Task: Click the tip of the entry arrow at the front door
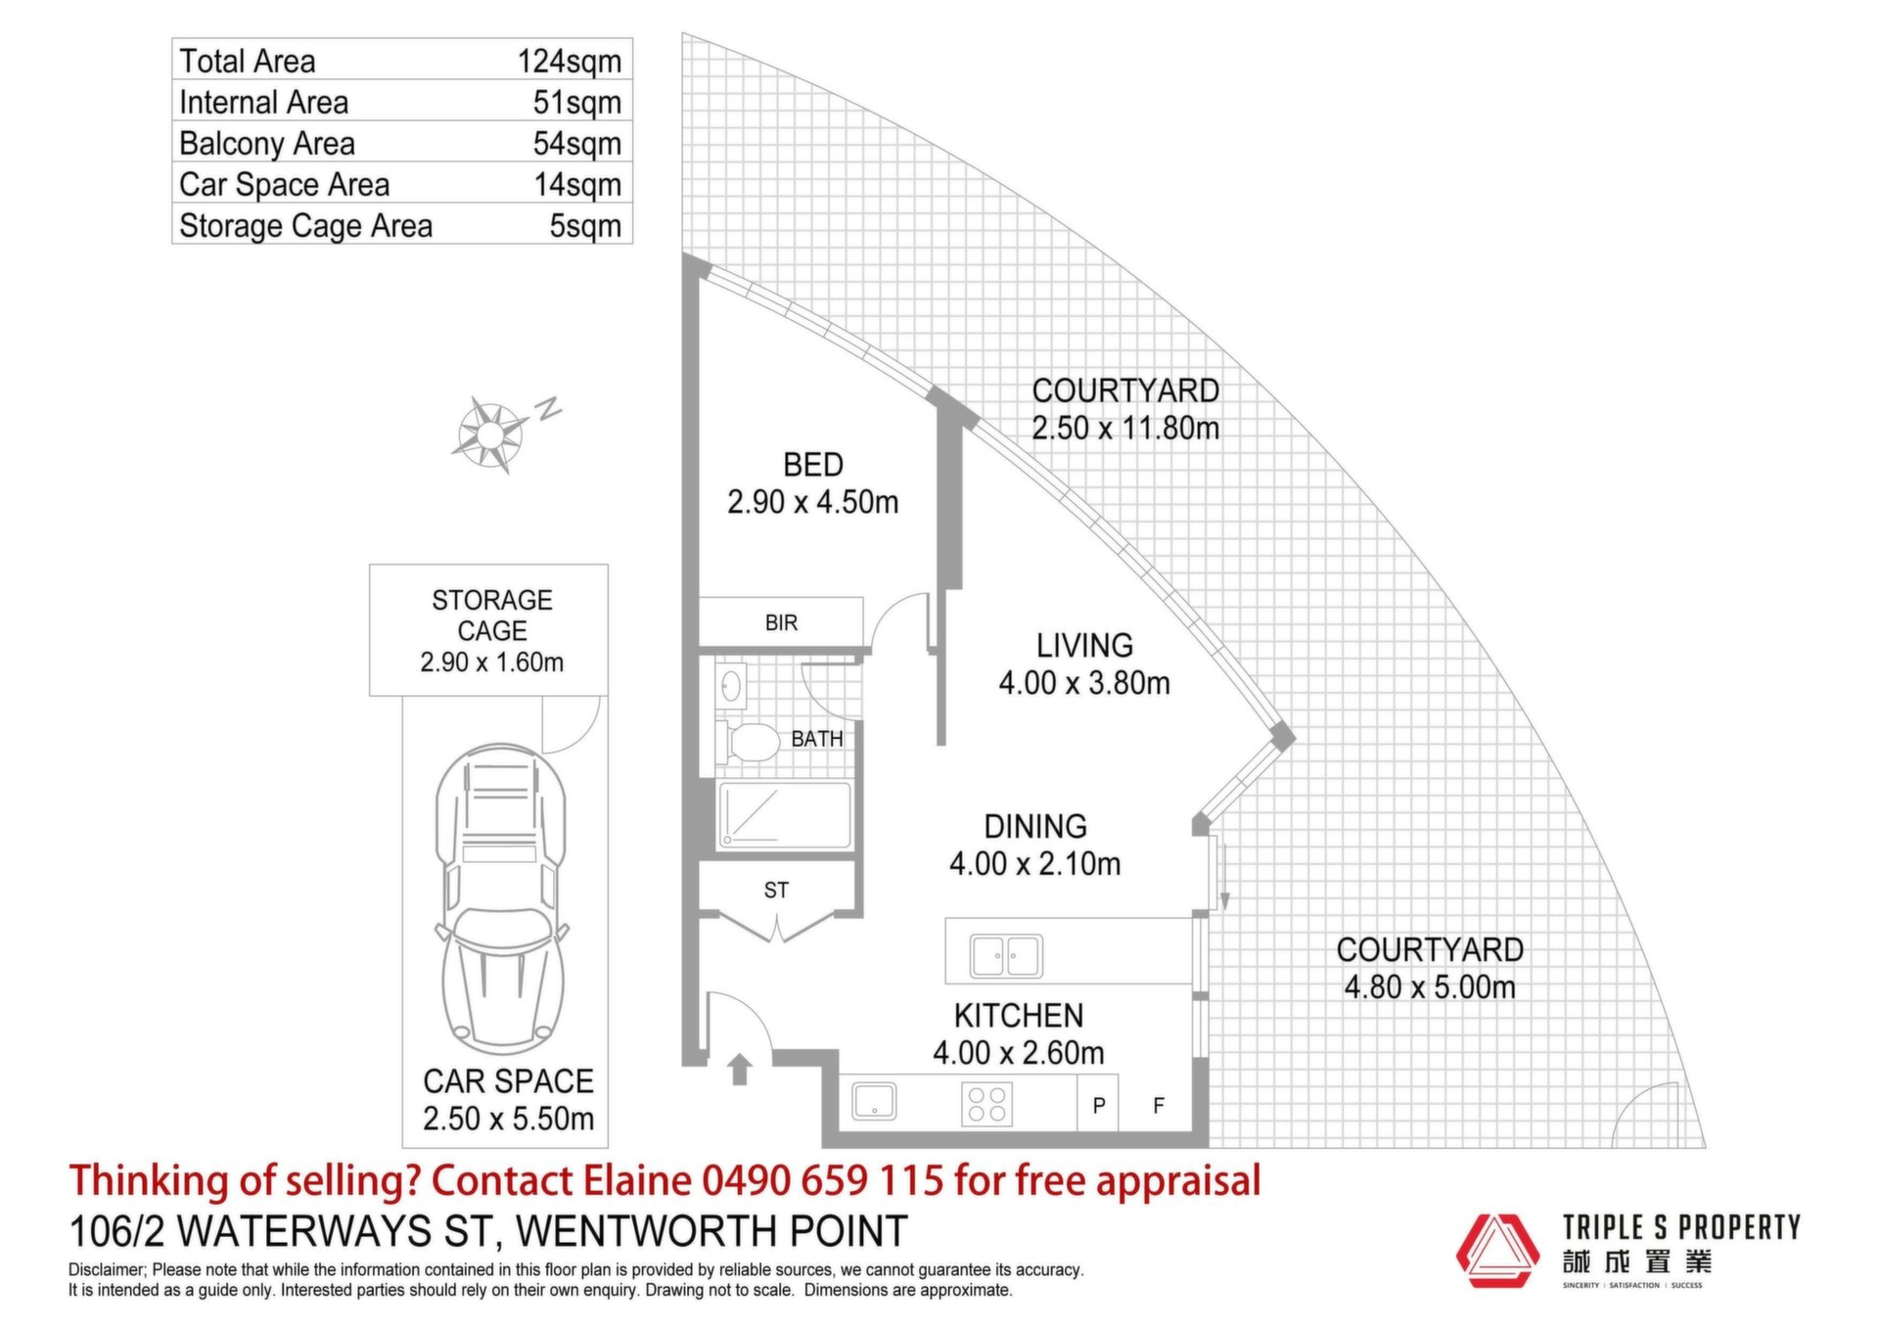click(740, 1055)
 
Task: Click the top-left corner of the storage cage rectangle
click(370, 565)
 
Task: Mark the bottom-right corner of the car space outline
click(608, 1147)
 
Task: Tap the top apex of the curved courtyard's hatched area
click(683, 33)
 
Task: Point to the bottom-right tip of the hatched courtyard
click(1706, 1147)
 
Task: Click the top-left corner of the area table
click(172, 39)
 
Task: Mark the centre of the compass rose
click(491, 433)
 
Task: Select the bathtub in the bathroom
click(785, 814)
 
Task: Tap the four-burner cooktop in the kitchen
click(986, 1104)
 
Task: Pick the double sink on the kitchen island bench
click(1006, 955)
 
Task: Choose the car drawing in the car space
click(501, 898)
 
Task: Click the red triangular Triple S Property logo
click(1497, 1252)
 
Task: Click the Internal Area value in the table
click(577, 102)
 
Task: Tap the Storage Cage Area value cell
click(585, 225)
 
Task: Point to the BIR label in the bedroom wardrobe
click(781, 622)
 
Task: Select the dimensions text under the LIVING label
click(1084, 682)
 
